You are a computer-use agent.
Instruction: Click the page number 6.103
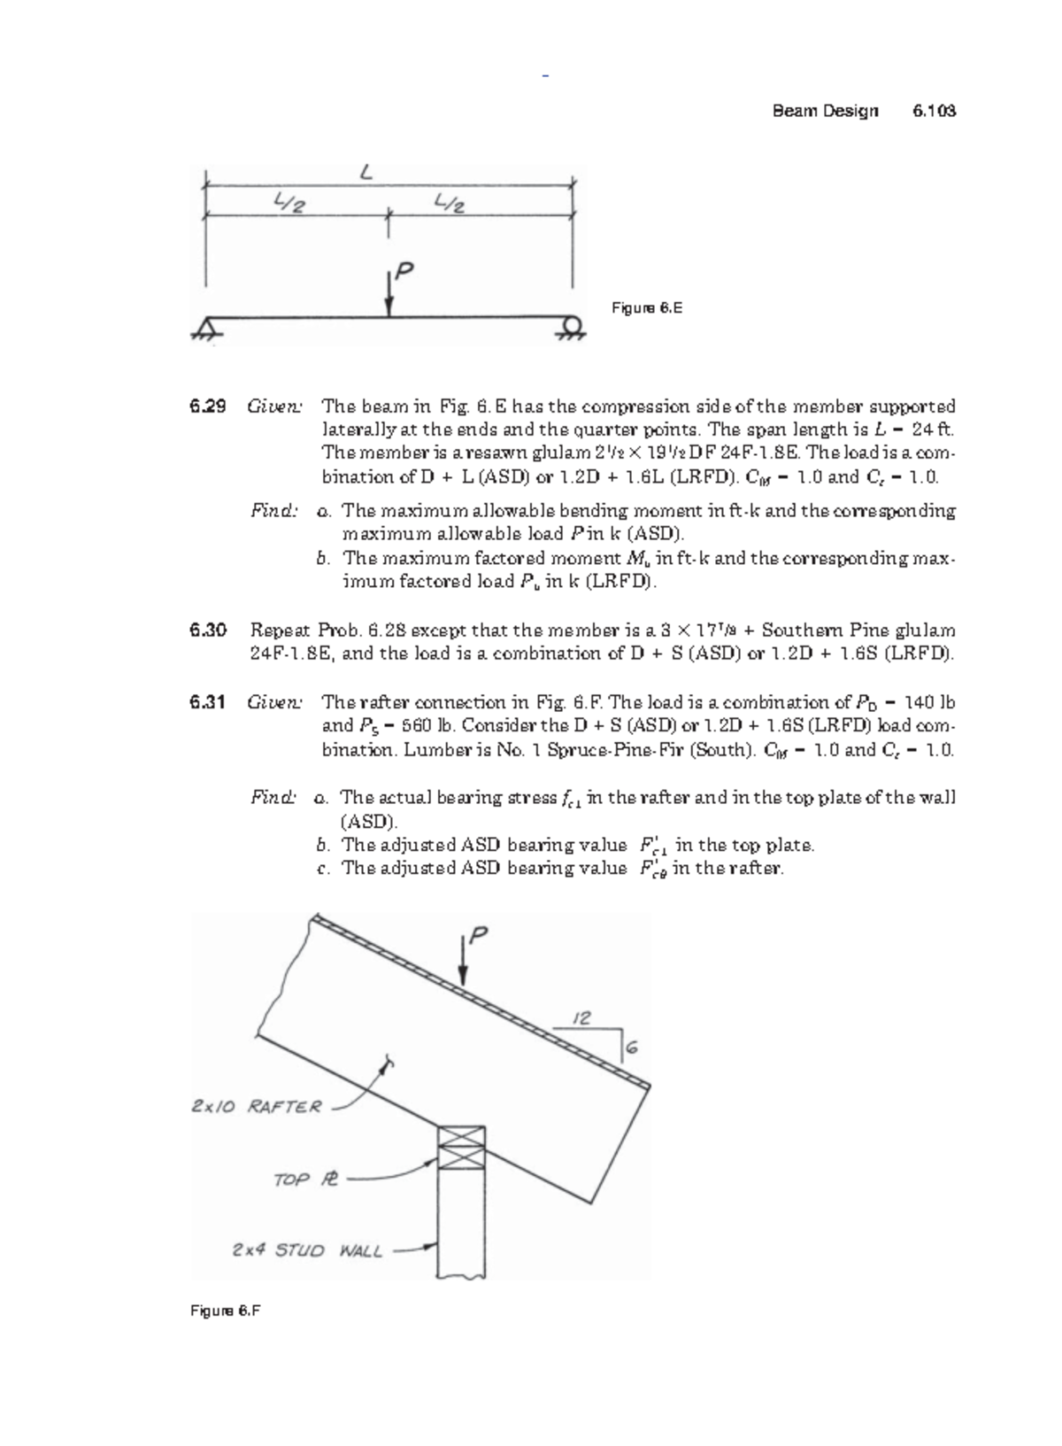point(934,111)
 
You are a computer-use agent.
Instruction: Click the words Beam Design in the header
point(825,111)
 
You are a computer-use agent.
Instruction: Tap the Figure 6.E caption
point(647,308)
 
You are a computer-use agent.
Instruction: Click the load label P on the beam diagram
point(404,272)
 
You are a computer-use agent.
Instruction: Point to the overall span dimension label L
point(365,174)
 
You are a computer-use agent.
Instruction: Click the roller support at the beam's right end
point(572,328)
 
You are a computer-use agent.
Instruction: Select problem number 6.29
point(207,406)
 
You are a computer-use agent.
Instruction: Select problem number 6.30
point(207,630)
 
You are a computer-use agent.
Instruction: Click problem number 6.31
point(207,702)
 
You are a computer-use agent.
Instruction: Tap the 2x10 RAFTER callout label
point(257,1106)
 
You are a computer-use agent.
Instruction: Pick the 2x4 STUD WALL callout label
point(307,1250)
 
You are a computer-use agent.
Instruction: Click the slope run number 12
point(581,1018)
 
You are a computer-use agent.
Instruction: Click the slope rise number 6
point(632,1048)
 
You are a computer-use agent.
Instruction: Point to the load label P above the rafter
point(478,935)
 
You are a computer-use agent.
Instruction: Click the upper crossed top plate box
point(462,1136)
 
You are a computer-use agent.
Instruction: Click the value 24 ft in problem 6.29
point(932,429)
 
